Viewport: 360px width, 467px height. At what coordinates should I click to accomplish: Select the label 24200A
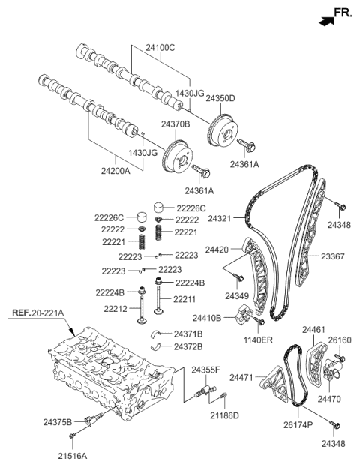115,170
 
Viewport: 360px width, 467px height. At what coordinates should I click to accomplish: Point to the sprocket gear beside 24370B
177,154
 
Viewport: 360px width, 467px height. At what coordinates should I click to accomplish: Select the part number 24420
218,248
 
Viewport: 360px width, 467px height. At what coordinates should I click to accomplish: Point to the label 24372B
188,346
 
